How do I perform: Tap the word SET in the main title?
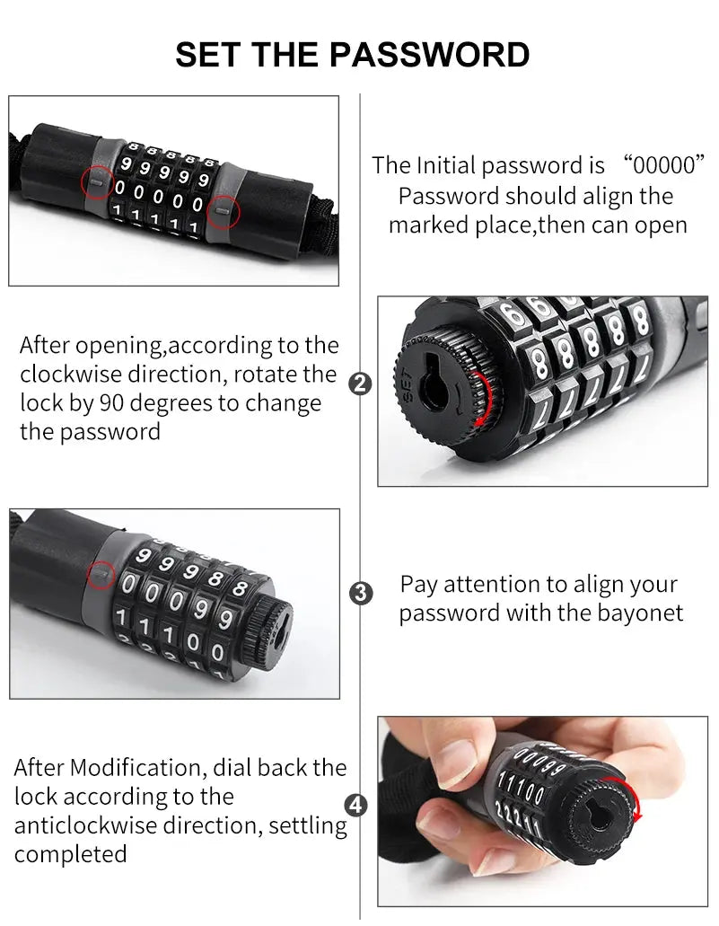click(209, 54)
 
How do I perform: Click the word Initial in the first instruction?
click(446, 165)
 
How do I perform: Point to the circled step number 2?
click(359, 384)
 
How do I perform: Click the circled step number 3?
click(360, 593)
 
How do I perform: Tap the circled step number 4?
click(357, 806)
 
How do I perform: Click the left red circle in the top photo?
click(98, 181)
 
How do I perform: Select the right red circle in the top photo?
click(223, 212)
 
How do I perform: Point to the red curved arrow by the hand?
click(636, 798)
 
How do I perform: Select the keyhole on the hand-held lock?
click(594, 814)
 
